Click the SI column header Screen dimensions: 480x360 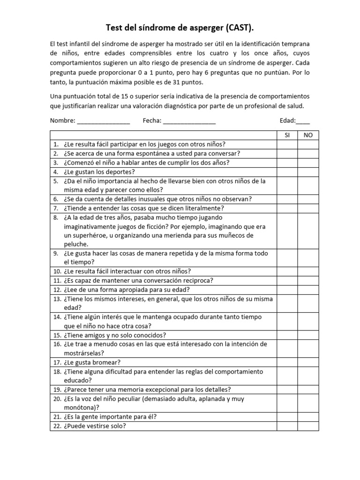287,135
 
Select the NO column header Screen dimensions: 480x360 308,135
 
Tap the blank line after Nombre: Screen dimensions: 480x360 103,121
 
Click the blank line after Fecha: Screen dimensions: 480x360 189,121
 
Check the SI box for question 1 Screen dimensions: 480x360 287,144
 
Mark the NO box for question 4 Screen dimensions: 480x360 308,172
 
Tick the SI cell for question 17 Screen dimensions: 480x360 287,362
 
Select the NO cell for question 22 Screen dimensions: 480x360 308,426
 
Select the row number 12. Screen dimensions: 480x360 57,290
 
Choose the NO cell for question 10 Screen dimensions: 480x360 308,271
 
